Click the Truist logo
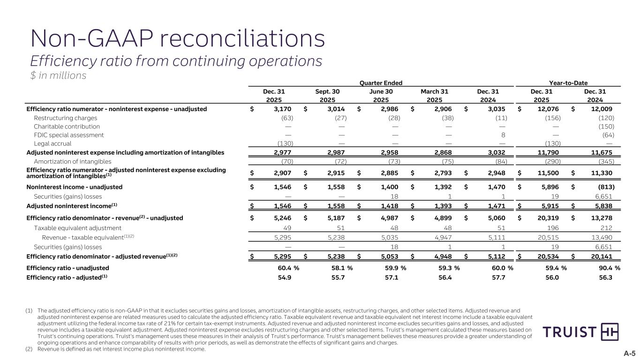coord(580,332)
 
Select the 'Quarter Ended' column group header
coord(380,82)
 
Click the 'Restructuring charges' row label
coord(66,118)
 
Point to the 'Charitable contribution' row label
coord(67,127)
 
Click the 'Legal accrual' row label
coord(53,143)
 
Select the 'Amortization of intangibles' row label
coord(72,161)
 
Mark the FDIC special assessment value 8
coord(503,135)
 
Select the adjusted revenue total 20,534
coord(550,256)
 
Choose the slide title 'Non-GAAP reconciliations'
coord(178,38)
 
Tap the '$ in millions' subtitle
coord(58,75)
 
